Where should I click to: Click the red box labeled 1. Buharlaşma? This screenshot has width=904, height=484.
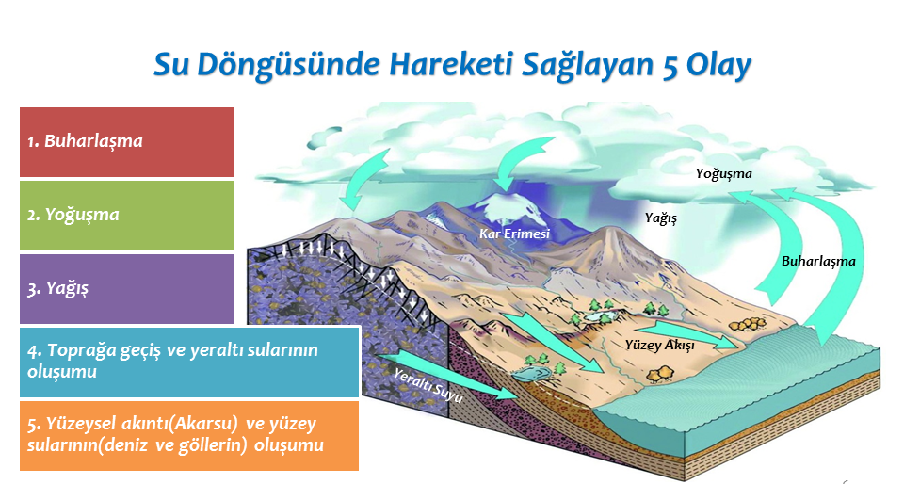(127, 142)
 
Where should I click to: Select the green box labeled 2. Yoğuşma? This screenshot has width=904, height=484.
(127, 216)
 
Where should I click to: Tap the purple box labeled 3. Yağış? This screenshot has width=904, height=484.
(127, 289)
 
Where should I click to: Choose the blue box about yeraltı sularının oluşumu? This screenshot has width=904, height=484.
(189, 362)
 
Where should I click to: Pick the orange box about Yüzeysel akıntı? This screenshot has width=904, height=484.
(189, 436)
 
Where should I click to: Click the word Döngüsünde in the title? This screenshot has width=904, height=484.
(288, 66)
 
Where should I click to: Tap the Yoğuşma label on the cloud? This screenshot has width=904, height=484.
(723, 173)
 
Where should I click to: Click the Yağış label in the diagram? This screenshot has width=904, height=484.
(661, 218)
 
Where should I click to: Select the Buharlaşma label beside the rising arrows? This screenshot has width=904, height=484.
(818, 261)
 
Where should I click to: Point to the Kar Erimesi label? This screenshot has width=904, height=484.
(514, 234)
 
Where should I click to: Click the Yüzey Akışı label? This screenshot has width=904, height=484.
(659, 346)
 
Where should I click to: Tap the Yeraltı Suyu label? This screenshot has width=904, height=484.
(428, 384)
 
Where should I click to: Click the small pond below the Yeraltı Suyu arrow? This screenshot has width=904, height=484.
(531, 375)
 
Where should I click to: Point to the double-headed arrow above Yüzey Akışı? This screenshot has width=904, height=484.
(686, 333)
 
